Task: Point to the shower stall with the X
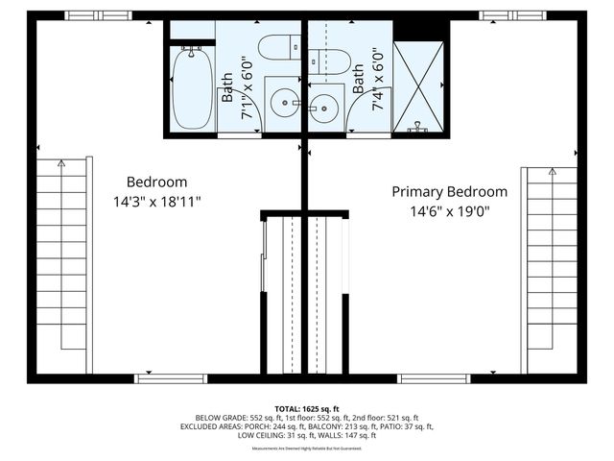[419, 85]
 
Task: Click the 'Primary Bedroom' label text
[450, 191]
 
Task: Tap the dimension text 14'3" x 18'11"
[157, 202]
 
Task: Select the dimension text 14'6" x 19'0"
[450, 212]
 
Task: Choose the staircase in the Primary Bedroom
[551, 269]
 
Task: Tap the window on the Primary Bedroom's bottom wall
[434, 378]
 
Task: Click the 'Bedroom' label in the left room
[157, 182]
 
